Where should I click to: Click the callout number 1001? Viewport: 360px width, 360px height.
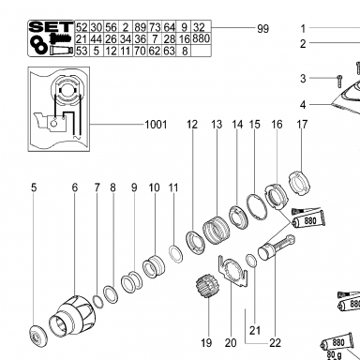156,125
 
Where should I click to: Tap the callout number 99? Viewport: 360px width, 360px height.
262,29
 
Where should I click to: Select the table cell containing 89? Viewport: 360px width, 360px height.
141,27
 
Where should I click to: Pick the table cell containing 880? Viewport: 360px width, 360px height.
201,38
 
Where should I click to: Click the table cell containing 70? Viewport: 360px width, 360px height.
141,51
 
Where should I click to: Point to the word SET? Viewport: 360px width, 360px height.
52,26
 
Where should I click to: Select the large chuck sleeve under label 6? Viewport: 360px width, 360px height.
72,316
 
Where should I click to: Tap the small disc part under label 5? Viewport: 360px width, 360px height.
37,335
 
